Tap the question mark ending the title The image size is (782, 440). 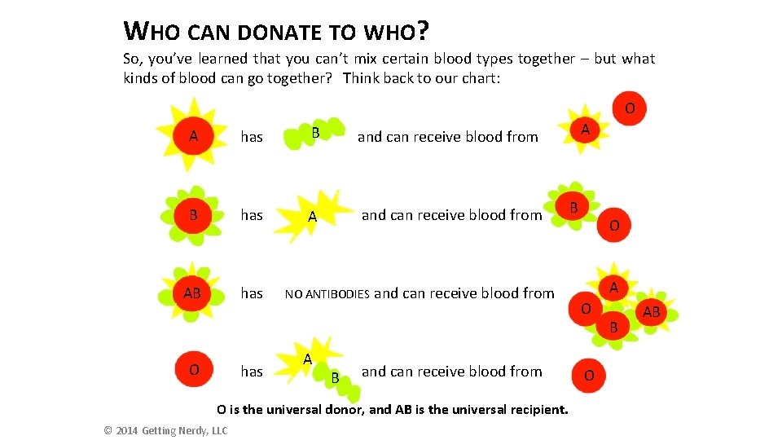coord(422,32)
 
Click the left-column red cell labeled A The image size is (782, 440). coord(193,136)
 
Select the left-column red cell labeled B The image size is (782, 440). coord(193,215)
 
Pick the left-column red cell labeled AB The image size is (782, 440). coord(193,293)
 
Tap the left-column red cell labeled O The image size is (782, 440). coord(193,370)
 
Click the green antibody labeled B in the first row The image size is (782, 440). coord(314,134)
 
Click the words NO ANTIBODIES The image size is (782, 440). coord(327,294)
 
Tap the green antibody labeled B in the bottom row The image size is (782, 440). coord(336,379)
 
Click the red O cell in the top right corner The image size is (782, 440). coord(630,108)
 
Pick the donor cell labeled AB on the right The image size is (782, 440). coord(652,312)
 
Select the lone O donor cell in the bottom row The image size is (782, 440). coord(590,375)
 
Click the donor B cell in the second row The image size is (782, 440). coord(574,208)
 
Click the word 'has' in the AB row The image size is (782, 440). coord(252,293)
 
